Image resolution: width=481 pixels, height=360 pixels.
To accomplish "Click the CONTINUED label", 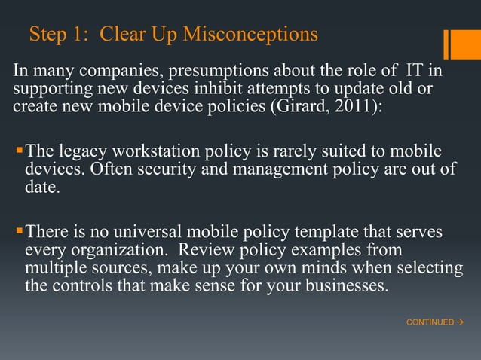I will click(x=430, y=322).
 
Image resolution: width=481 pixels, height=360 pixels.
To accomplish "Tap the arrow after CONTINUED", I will click(x=459, y=322).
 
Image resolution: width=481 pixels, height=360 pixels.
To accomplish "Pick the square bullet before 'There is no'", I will click(x=20, y=231).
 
